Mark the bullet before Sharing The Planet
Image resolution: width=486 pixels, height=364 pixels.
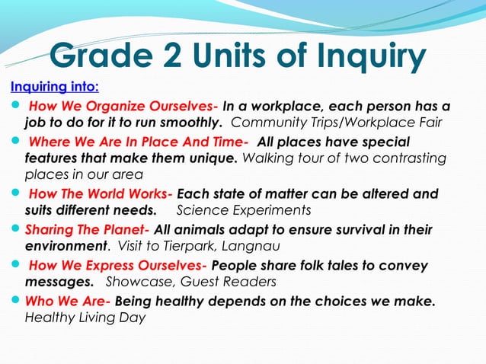pos(16,230)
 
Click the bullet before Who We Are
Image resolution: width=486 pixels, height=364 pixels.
pos(16,302)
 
